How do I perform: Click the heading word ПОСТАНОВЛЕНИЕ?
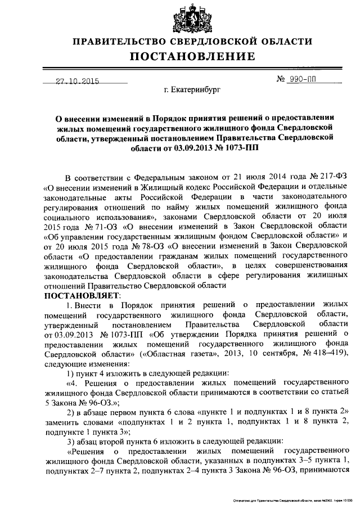point(191,57)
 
